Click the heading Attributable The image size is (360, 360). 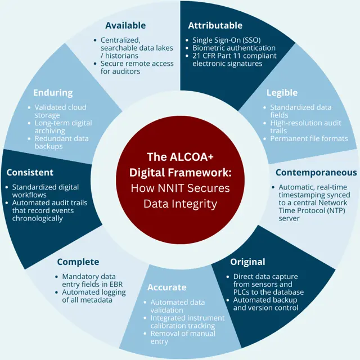pyautogui.click(x=215, y=25)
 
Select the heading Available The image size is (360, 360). pyautogui.click(x=125, y=25)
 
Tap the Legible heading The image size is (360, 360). pyautogui.click(x=282, y=93)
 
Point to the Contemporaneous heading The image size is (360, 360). pyautogui.click(x=316, y=173)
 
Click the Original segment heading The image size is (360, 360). pyautogui.click(x=247, y=262)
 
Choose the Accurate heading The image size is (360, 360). pyautogui.click(x=167, y=287)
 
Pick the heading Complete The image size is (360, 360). pyautogui.click(x=78, y=262)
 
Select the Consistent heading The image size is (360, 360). pyautogui.click(x=30, y=173)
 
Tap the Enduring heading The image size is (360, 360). pyautogui.click(x=53, y=93)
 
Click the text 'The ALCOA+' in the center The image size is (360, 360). pyautogui.click(x=180, y=157)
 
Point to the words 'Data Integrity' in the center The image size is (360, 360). pyautogui.click(x=180, y=204)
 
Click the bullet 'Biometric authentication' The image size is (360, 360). pyautogui.click(x=234, y=48)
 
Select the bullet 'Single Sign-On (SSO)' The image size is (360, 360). pyautogui.click(x=226, y=40)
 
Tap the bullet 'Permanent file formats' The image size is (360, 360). pyautogui.click(x=309, y=139)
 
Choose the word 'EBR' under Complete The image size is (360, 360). pyautogui.click(x=116, y=284)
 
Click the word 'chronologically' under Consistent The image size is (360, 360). pyautogui.click(x=38, y=218)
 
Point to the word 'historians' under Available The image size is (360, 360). pyautogui.click(x=121, y=56)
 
